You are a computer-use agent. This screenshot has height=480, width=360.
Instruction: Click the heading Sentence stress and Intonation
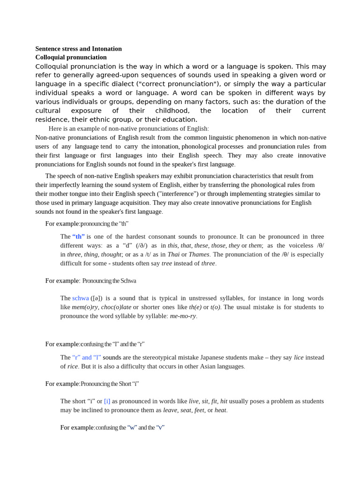pyautogui.click(x=78, y=49)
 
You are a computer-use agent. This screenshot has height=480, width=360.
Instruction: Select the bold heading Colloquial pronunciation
pyautogui.click(x=71, y=57)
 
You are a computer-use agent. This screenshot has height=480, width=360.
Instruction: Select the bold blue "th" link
pyautogui.click(x=78, y=237)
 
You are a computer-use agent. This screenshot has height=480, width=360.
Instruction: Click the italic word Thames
pyautogui.click(x=199, y=255)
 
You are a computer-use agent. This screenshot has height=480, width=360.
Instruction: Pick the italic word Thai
pyautogui.click(x=173, y=255)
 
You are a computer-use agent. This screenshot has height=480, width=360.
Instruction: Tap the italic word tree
pyautogui.click(x=166, y=263)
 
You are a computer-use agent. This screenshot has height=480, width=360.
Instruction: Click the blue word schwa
pyautogui.click(x=80, y=298)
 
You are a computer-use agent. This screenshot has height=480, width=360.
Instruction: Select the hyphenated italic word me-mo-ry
pyautogui.click(x=183, y=316)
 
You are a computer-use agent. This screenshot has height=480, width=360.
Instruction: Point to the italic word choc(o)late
pyautogui.click(x=116, y=307)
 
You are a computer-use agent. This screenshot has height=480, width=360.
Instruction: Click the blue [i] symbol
pyautogui.click(x=107, y=401)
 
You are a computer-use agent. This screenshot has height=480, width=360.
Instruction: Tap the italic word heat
pyautogui.click(x=220, y=410)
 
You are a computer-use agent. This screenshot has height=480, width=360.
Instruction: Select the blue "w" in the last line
pyautogui.click(x=132, y=427)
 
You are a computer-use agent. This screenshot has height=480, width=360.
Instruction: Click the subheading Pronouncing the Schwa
pyautogui.click(x=109, y=281)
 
